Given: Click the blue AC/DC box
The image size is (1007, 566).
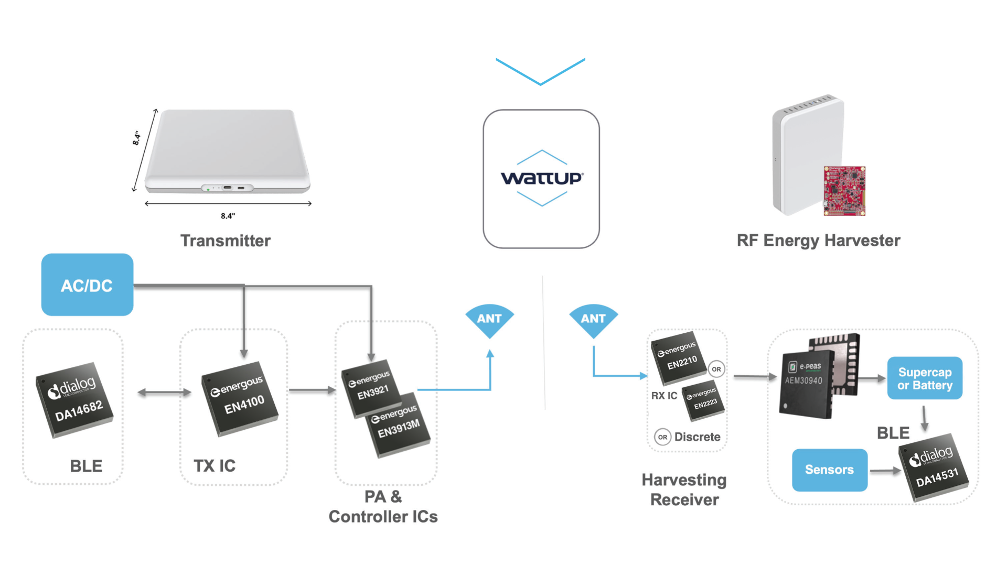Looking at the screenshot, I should pyautogui.click(x=87, y=285).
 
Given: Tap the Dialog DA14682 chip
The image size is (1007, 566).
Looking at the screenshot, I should pyautogui.click(x=74, y=400).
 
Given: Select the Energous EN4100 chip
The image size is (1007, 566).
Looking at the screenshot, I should pyautogui.click(x=240, y=398).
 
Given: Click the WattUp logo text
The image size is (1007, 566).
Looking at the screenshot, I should pyautogui.click(x=541, y=178).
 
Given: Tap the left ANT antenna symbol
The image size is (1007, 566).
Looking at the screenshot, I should pyautogui.click(x=489, y=319).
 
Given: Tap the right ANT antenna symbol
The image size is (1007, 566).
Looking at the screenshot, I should pyautogui.click(x=593, y=319).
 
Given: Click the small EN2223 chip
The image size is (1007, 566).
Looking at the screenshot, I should pyautogui.click(x=703, y=401).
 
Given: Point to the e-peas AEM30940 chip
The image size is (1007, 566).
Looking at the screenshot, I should pyautogui.click(x=806, y=383).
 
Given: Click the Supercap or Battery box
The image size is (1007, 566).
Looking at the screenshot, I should pyautogui.click(x=925, y=378).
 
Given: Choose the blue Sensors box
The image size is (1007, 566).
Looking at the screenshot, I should pyautogui.click(x=829, y=470).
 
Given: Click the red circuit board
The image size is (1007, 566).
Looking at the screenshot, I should pyautogui.click(x=844, y=191).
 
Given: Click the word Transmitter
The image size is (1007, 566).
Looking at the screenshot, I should pyautogui.click(x=226, y=241).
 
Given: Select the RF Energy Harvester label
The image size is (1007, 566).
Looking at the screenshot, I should pyautogui.click(x=818, y=241).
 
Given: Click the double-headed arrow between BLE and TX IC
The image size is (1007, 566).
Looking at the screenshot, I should pyautogui.click(x=164, y=392).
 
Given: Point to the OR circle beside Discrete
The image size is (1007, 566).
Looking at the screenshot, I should pyautogui.click(x=662, y=437).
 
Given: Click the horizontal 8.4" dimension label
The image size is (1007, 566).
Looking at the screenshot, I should pyautogui.click(x=228, y=215).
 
